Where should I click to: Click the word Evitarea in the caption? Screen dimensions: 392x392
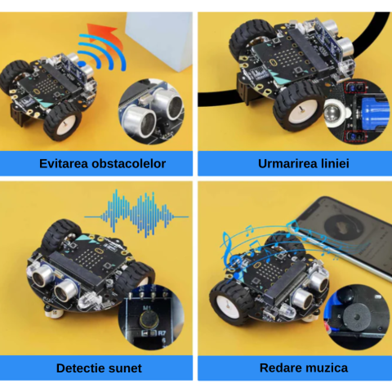coord(65,163)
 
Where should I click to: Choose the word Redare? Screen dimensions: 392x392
coord(280,368)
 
